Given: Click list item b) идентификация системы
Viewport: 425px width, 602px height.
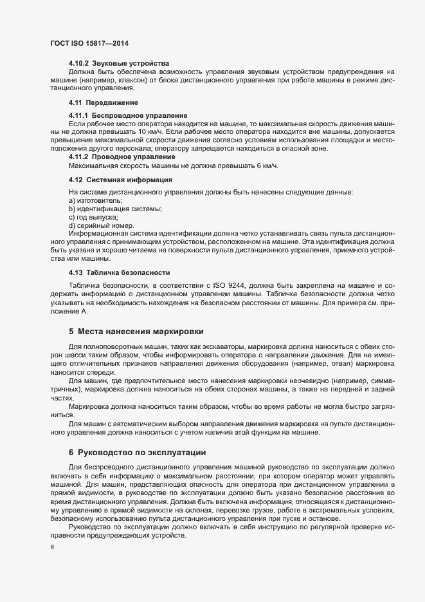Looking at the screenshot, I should pos(114,209).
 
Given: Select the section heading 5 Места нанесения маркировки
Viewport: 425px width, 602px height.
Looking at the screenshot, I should pos(136,332).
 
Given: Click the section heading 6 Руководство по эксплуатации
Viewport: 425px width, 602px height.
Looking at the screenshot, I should pos(137,453).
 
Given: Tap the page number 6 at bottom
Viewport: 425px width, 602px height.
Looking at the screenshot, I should pos(51,547).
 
